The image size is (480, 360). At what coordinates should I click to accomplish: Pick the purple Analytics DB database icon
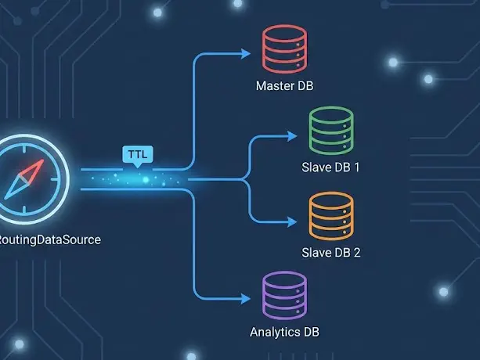point(285,297)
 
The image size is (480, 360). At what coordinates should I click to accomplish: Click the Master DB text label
point(284,85)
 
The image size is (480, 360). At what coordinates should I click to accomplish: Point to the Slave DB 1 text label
point(331,168)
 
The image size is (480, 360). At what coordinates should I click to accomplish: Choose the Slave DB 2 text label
point(331,253)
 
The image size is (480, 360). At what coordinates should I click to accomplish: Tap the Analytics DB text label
point(284,333)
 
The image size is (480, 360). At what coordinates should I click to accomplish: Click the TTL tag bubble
point(137,154)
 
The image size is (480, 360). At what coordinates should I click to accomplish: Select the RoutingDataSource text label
point(49,240)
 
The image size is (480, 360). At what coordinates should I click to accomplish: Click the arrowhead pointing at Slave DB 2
point(295,221)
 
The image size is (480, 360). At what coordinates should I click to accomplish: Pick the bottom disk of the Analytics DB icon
point(285,311)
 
